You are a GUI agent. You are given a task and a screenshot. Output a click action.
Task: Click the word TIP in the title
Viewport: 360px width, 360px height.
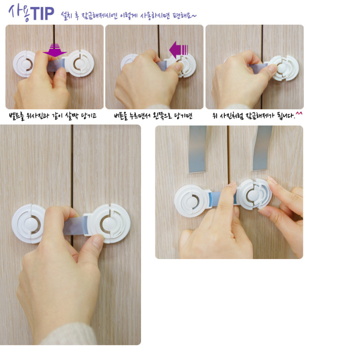[x=42, y=14]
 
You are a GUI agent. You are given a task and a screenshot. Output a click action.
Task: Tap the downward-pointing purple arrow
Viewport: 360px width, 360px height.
[x=55, y=50]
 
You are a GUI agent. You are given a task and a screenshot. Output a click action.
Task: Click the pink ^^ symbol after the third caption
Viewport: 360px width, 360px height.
[x=299, y=113]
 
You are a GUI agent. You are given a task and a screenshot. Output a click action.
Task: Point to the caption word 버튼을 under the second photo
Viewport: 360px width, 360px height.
[x=121, y=116]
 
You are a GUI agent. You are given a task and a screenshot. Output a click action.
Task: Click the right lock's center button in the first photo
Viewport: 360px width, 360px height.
[x=80, y=64]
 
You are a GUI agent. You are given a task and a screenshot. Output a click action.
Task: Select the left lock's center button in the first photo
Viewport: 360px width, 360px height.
[x=27, y=64]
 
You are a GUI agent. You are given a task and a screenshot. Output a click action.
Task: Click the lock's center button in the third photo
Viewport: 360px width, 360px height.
[x=282, y=68]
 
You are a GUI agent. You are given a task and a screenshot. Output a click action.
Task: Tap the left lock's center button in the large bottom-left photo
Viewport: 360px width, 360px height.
[x=31, y=224]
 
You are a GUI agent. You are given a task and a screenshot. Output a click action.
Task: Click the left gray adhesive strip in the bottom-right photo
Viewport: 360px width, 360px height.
[x=197, y=149]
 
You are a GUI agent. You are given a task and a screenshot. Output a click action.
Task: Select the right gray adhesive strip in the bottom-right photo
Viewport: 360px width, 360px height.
[x=262, y=148]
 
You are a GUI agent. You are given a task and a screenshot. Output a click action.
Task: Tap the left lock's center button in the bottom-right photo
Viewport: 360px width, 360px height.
[x=191, y=202]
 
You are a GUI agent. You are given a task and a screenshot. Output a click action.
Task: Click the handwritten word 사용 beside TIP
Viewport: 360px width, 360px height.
[x=19, y=13]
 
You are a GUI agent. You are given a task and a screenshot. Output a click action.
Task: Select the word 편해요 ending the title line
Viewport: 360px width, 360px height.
[x=184, y=16]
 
